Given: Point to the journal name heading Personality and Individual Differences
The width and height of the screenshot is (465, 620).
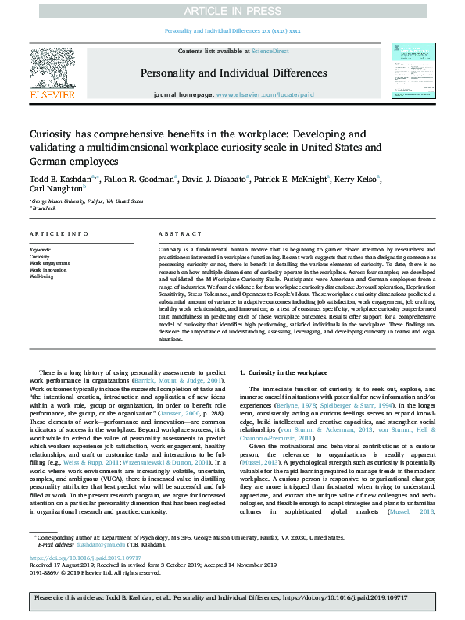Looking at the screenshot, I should (232, 73).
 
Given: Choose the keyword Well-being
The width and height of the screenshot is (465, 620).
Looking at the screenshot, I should (41, 276).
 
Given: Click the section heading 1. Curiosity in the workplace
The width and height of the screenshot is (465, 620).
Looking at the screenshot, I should (284, 373).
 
